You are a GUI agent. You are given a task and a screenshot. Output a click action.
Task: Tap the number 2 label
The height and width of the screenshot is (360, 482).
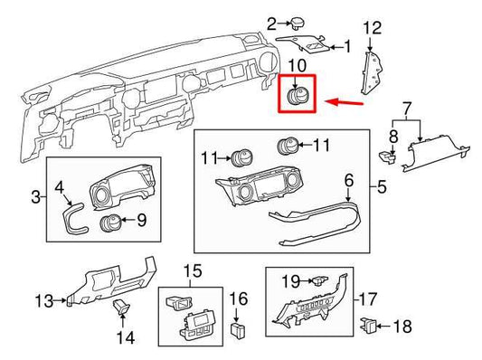246,23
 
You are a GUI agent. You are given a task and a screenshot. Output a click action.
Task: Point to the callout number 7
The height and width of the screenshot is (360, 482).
406,108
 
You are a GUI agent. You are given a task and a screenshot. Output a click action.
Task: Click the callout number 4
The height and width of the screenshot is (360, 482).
59,188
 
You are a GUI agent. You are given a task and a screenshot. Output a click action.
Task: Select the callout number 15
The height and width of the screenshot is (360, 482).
191,270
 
